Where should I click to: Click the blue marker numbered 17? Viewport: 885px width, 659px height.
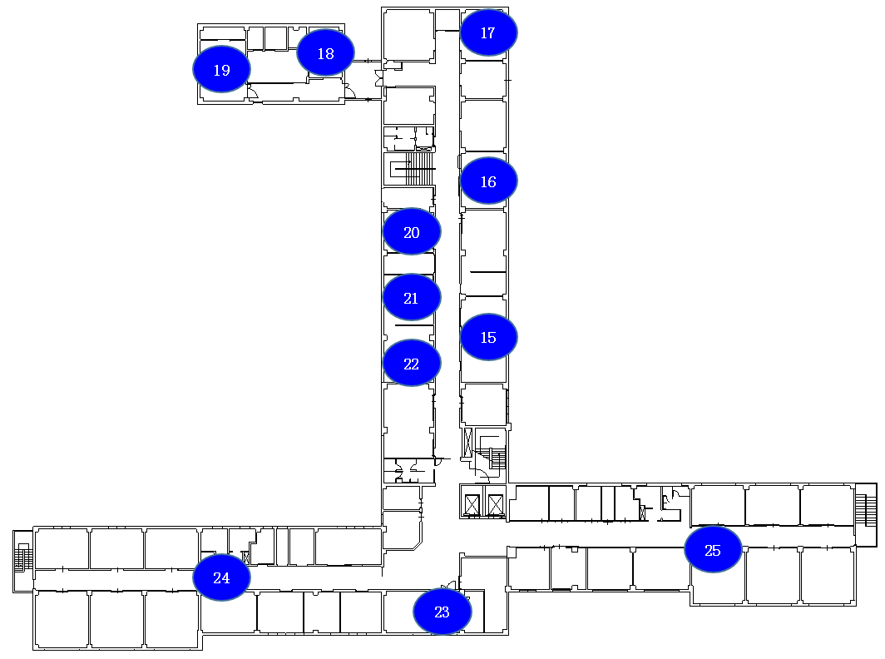[488, 32]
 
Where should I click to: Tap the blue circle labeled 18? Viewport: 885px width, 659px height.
[326, 52]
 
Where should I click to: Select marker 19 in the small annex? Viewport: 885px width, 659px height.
[221, 69]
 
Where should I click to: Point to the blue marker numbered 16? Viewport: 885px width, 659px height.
[488, 181]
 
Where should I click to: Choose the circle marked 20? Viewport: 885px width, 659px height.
[412, 231]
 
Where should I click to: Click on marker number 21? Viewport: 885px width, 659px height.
[412, 297]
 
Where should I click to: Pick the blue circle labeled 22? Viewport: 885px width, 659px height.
[412, 363]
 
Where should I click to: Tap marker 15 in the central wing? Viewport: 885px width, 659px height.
[488, 336]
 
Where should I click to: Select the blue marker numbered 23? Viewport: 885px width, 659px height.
[442, 611]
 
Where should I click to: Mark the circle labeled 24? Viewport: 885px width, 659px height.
[221, 577]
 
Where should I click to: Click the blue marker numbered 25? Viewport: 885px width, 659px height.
[713, 549]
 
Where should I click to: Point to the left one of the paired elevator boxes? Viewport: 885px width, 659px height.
[472, 505]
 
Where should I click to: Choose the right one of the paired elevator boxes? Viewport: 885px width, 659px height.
[496, 505]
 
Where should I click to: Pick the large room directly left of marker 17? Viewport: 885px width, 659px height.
[408, 34]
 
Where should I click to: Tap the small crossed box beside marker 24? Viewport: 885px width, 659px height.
[245, 558]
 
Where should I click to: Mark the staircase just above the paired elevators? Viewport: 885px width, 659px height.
[490, 455]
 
